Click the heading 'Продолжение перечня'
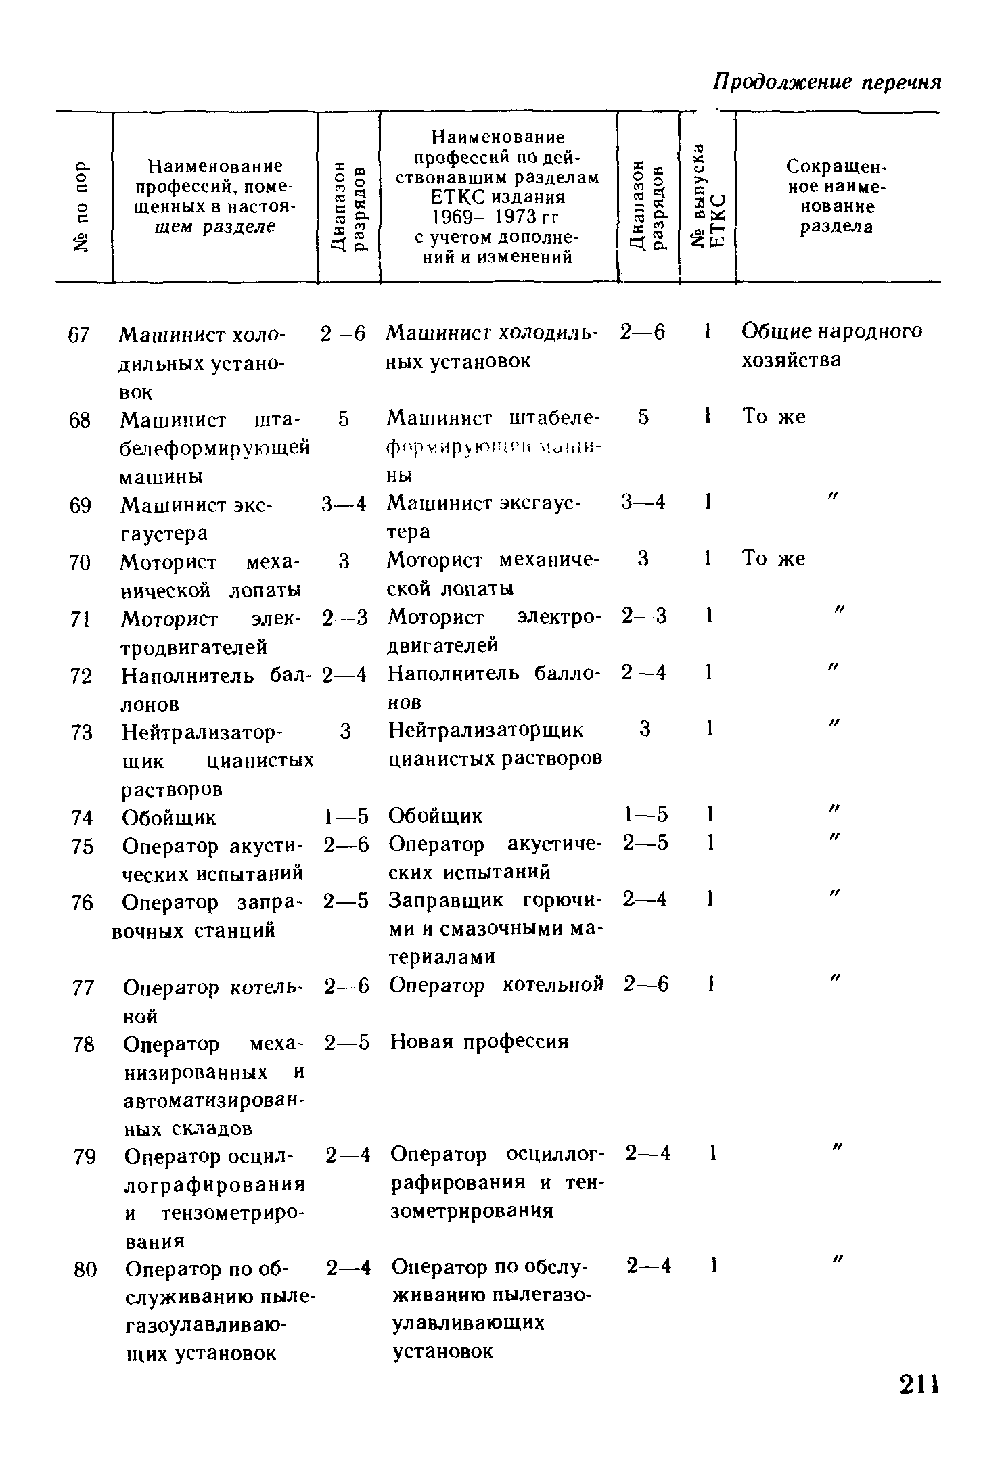pos(828,82)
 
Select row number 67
pos(80,334)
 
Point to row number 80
pos(85,1270)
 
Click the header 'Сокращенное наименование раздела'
pos(837,196)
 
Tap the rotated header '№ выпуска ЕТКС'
pos(708,196)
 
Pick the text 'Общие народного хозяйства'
pos(831,345)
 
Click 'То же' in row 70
pos(774,559)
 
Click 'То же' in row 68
pos(774,417)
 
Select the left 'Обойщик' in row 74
pos(169,818)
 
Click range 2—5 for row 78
pos(347,1043)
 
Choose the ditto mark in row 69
pos(833,498)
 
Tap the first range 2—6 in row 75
pos(346,846)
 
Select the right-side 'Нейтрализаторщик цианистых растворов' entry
pos(495,744)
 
